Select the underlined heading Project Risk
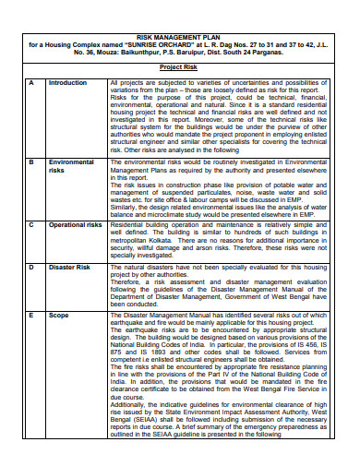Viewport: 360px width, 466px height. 180,68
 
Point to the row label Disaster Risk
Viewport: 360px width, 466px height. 68,267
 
